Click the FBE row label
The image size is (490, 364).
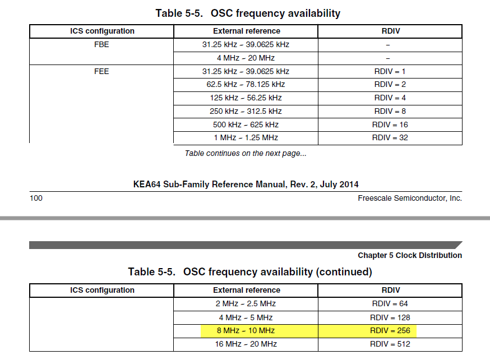(x=101, y=44)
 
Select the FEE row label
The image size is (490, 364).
(x=101, y=71)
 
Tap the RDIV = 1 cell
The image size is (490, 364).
(x=390, y=71)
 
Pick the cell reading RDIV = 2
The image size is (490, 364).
(x=390, y=85)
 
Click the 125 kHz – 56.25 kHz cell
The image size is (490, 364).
(x=246, y=98)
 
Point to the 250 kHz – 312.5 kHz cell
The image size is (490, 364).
(x=246, y=111)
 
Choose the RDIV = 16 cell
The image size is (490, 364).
(x=390, y=125)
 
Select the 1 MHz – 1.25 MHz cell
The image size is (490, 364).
(x=246, y=137)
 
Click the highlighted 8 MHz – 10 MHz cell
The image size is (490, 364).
(x=246, y=330)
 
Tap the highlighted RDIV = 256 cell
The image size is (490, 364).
(x=390, y=330)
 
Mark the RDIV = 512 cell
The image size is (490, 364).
(x=390, y=344)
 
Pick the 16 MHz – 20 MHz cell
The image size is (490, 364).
(x=246, y=344)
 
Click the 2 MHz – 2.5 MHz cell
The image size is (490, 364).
(x=246, y=303)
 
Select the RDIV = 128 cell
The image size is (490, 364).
(x=390, y=317)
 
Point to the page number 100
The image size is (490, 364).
(x=36, y=198)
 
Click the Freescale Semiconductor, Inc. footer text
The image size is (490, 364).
(x=410, y=198)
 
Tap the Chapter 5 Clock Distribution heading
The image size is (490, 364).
(x=410, y=255)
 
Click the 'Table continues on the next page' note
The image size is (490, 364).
(x=246, y=153)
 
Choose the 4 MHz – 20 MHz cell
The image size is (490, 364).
(x=246, y=58)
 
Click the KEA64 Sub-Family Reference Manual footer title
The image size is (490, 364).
(x=246, y=184)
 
